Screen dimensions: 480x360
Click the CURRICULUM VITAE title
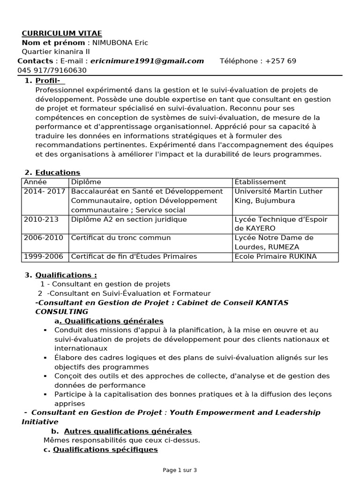pyautogui.click(x=61, y=33)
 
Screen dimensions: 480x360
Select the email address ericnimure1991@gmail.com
pyautogui.click(x=147, y=61)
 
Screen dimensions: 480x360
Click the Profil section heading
pyautogui.click(x=49, y=81)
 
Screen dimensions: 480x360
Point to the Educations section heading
pyautogui.click(x=58, y=172)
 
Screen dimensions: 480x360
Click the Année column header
pyautogui.click(x=36, y=182)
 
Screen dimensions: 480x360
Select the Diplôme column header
pyautogui.click(x=86, y=182)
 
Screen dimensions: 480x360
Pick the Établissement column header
pyautogui.click(x=260, y=182)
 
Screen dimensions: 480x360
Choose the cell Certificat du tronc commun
pyautogui.click(x=121, y=238)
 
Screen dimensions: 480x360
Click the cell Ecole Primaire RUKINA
pyautogui.click(x=276, y=256)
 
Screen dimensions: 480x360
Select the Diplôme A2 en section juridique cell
pyautogui.click(x=129, y=219)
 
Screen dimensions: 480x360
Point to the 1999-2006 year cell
pyautogui.click(x=43, y=256)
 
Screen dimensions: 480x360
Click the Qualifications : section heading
pyautogui.click(x=66, y=275)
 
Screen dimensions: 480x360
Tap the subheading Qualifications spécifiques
pyautogui.click(x=105, y=450)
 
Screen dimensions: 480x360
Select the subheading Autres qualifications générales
pyautogui.click(x=127, y=431)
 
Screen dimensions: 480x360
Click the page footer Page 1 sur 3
pyautogui.click(x=180, y=470)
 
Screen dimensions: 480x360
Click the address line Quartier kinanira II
pyautogui.click(x=56, y=52)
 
